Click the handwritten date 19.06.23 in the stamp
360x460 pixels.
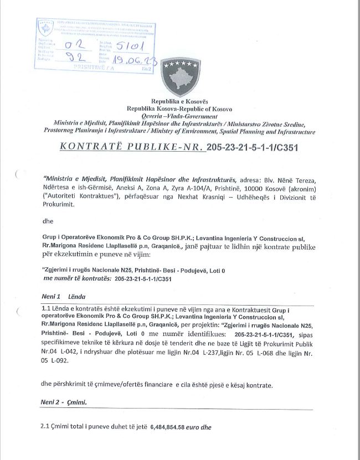[133, 58]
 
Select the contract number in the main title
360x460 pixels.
[250, 148]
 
